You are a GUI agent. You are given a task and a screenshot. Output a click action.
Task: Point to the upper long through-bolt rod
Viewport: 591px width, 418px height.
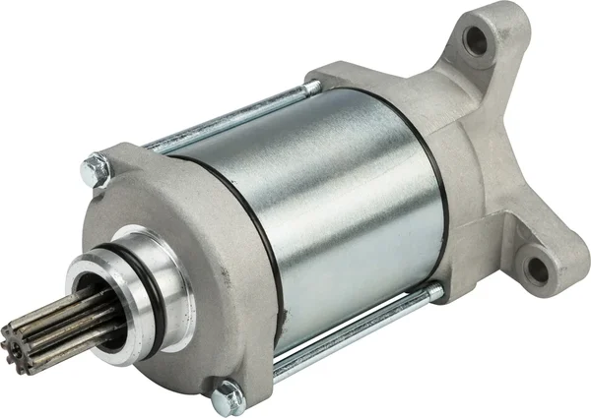pos(227,119)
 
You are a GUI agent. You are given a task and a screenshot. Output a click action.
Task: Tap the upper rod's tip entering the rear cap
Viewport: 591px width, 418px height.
pos(317,87)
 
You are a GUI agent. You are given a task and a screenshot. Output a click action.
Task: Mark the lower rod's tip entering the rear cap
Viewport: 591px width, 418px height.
pos(433,291)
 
